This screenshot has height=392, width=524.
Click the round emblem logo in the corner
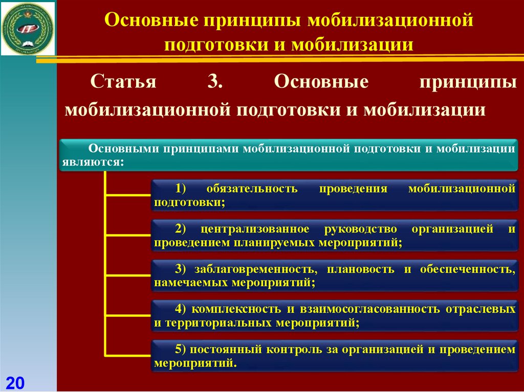(28, 28)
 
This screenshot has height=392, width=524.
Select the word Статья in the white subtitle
(123, 82)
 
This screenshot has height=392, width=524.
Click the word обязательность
(250, 189)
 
